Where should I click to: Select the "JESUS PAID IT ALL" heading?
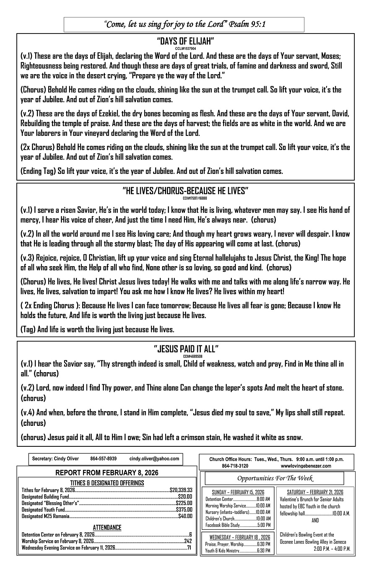(186, 349)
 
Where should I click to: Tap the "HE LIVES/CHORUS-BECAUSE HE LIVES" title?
(185, 191)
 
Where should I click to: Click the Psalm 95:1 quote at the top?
(184, 24)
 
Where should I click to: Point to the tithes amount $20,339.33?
(181, 490)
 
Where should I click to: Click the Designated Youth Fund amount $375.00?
(184, 510)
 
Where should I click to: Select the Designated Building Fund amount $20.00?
(185, 496)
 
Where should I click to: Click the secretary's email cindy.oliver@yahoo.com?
(154, 459)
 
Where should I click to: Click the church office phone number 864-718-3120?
(235, 466)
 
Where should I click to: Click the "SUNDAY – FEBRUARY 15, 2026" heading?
(238, 492)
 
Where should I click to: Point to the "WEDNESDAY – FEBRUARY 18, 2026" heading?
(238, 537)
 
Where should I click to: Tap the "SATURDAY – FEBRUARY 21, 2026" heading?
(315, 492)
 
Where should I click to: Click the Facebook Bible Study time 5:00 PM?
(263, 525)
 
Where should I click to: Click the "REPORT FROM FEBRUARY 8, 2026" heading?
(107, 473)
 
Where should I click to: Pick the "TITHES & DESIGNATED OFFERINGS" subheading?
(107, 483)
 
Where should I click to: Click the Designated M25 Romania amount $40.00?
(185, 516)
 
